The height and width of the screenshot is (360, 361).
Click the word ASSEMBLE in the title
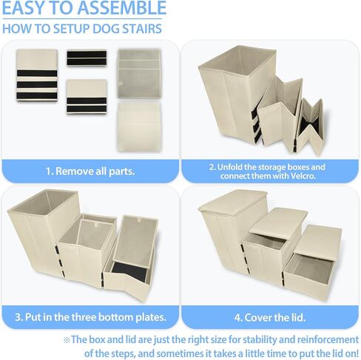tap(122, 7)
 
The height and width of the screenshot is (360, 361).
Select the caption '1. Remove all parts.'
tap(90, 171)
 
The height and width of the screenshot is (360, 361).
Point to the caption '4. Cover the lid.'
tap(270, 317)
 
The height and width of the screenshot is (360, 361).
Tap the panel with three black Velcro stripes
tap(37, 75)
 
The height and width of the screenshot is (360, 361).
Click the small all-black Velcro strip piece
tap(87, 58)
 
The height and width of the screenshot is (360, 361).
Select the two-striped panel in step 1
tap(87, 97)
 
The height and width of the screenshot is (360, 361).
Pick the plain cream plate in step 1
tap(139, 126)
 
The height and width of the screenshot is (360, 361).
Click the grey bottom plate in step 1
tap(139, 74)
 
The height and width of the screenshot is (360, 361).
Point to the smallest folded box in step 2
tap(310, 126)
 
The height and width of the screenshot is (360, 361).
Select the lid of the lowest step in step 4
tap(318, 242)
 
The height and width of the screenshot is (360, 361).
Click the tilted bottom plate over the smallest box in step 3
tap(135, 242)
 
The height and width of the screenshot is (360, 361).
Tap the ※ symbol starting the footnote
tap(67, 340)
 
